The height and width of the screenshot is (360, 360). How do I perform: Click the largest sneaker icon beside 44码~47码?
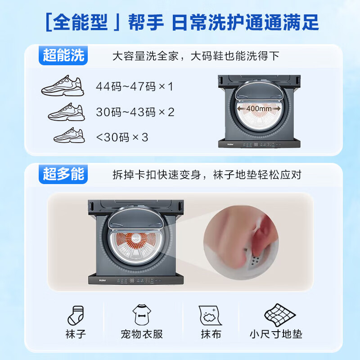click(x=63, y=85)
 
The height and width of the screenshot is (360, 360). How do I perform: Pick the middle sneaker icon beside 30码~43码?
click(x=67, y=112)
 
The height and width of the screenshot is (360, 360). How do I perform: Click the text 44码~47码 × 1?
click(x=134, y=86)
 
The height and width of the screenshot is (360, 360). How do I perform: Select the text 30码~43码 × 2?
click(x=135, y=112)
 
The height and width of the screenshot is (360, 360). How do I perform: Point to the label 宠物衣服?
click(x=141, y=334)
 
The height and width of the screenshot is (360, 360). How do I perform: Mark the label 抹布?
click(x=211, y=334)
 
